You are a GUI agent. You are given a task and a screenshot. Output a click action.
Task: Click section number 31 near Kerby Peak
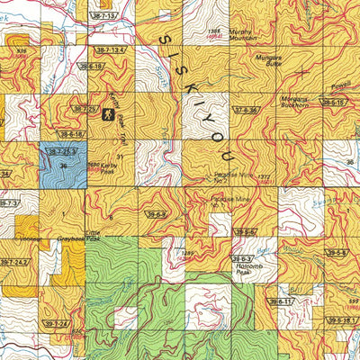click(x=118, y=157)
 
